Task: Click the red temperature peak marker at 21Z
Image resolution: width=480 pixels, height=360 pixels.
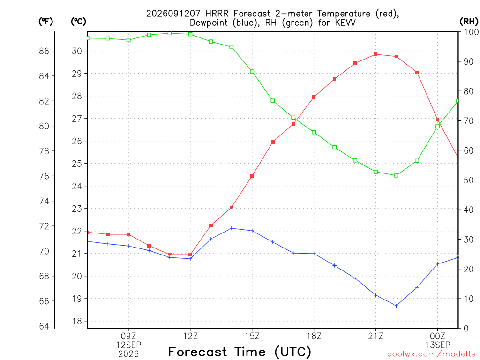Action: point(375,54)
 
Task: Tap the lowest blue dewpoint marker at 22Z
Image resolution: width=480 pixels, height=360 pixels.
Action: point(396,306)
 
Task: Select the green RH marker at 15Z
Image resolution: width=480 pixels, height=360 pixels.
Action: point(252,71)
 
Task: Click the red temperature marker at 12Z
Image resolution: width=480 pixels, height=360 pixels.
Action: point(190,255)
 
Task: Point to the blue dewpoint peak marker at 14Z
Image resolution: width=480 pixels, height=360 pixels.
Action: point(232,228)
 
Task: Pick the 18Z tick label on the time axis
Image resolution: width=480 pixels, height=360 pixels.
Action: point(314,336)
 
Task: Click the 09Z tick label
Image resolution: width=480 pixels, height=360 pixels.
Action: point(128,336)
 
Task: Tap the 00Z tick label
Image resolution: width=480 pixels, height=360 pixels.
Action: point(437,336)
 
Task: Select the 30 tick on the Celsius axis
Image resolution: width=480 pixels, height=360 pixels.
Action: point(77,51)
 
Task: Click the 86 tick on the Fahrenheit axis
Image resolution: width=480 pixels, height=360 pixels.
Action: point(44,51)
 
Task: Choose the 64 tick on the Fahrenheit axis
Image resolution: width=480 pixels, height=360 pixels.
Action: point(44,326)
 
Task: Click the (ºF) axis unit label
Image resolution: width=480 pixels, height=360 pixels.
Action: point(45,22)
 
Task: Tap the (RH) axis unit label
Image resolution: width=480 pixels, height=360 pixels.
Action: point(469,22)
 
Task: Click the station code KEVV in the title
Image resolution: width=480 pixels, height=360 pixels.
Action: point(345,22)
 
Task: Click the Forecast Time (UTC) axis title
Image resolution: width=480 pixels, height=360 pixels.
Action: point(240,352)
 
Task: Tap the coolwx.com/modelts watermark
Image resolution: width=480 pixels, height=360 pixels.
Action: point(434,354)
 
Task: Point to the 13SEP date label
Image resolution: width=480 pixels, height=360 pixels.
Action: point(437,345)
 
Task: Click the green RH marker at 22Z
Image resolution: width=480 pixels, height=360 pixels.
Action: point(396,175)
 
